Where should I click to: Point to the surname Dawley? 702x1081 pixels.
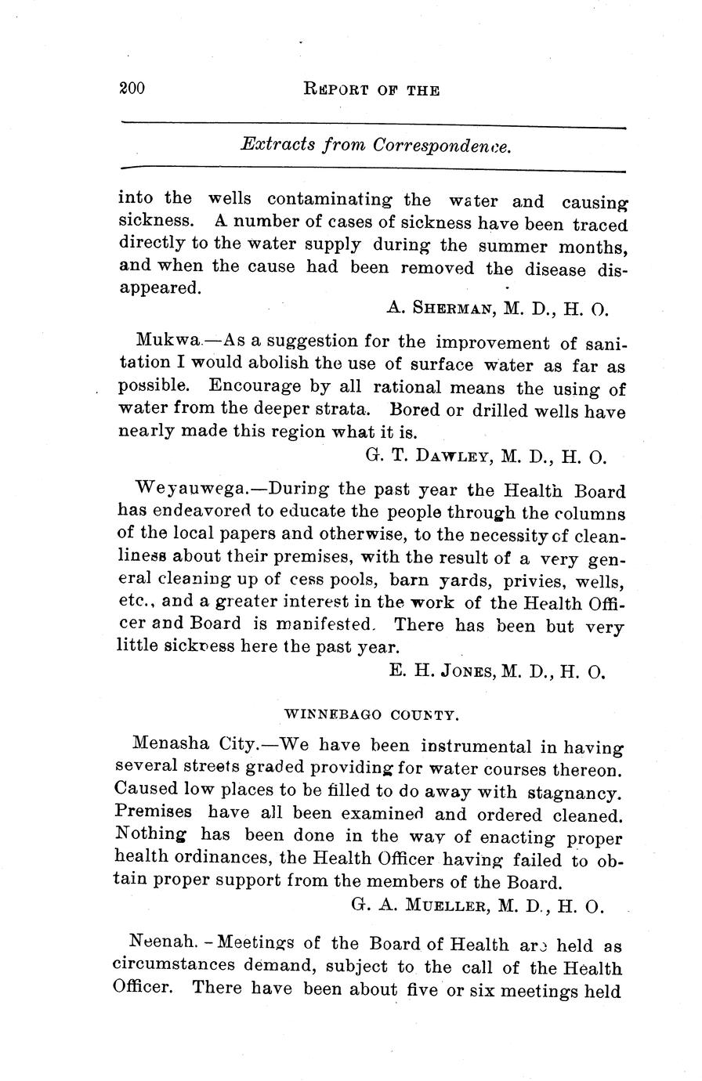(x=440, y=456)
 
